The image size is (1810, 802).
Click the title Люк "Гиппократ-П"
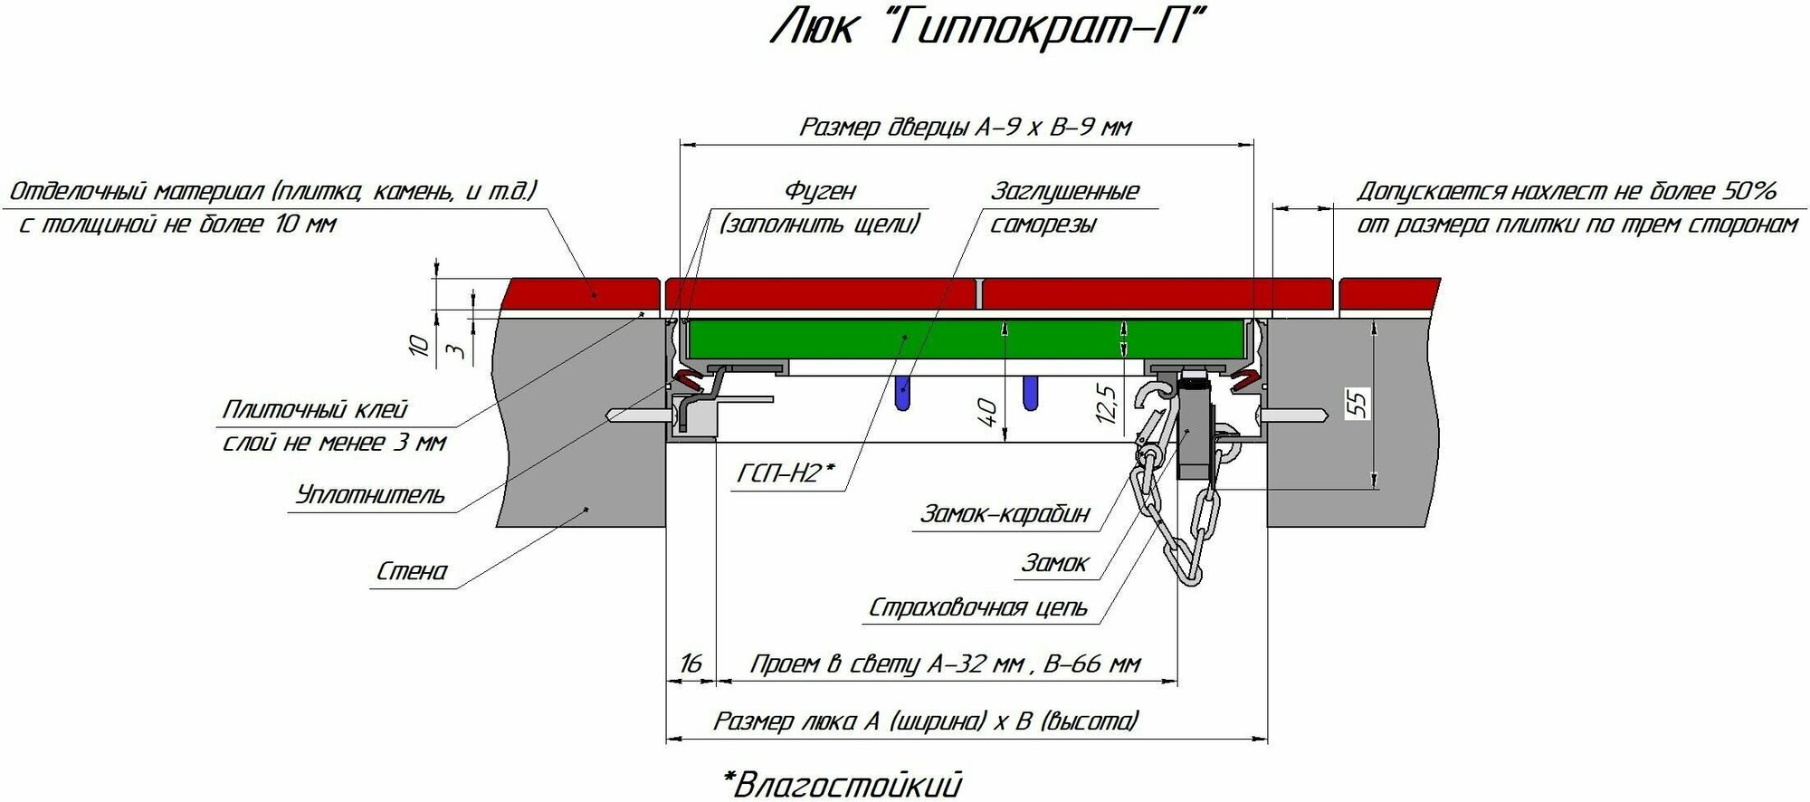coord(989,30)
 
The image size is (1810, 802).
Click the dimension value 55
coord(1359,401)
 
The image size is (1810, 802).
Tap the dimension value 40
coord(989,412)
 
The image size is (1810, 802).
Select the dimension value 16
coord(691,664)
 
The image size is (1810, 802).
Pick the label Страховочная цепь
coord(978,607)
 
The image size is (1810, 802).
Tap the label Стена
coord(412,571)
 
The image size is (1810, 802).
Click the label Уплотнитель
coord(370,495)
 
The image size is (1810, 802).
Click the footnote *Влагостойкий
coord(842,783)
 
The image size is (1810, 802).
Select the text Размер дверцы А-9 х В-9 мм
coord(965,127)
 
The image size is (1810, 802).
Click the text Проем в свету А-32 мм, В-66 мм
coord(945,664)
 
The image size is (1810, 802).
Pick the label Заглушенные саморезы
coord(1064,207)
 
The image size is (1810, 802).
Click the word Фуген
coord(819,191)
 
